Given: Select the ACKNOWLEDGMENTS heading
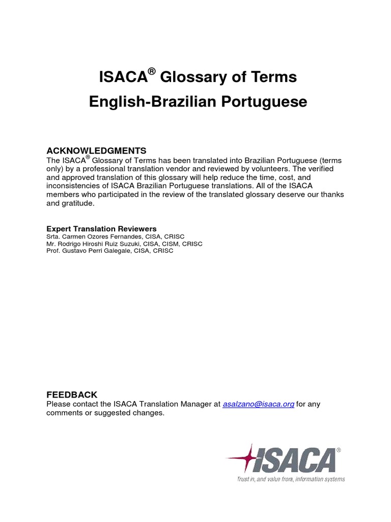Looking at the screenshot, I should [96, 150].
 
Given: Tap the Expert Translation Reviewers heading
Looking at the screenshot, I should [101, 229].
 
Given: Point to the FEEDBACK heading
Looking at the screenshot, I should [72, 395].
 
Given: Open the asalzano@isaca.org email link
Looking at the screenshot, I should [259, 404].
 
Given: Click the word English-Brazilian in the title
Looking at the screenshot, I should [152, 102].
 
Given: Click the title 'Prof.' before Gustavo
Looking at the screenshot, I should [53, 251].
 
